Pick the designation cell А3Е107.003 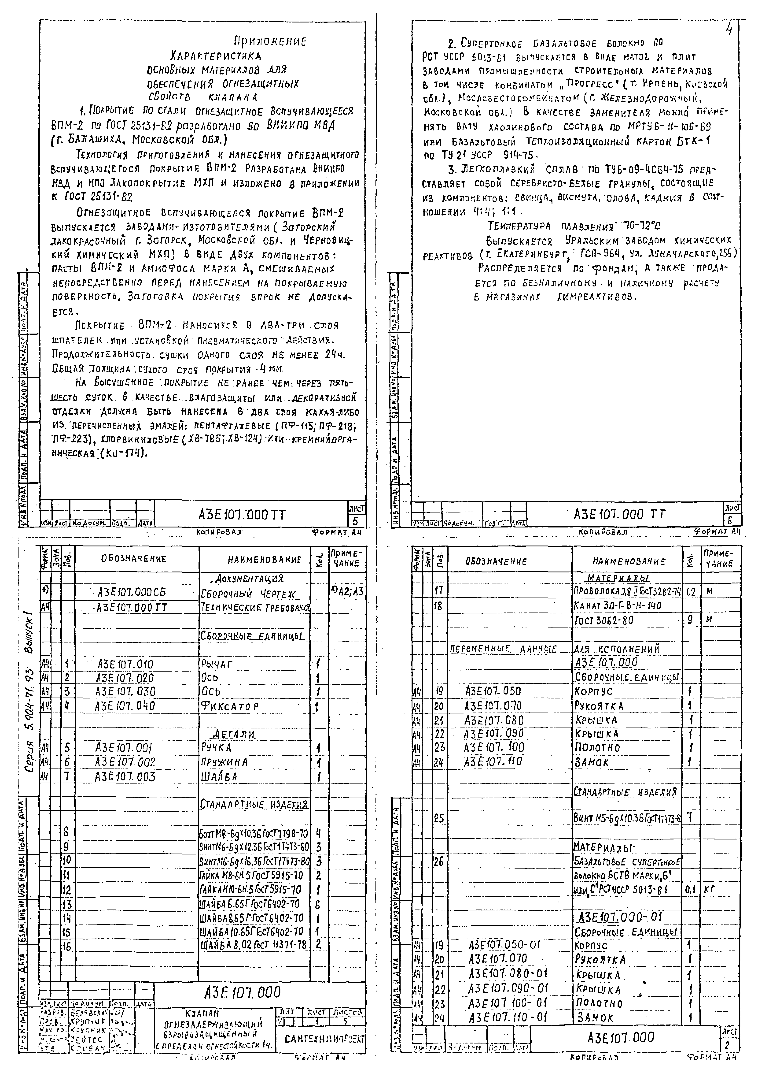(125, 777)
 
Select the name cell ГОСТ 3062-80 (601, 620)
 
